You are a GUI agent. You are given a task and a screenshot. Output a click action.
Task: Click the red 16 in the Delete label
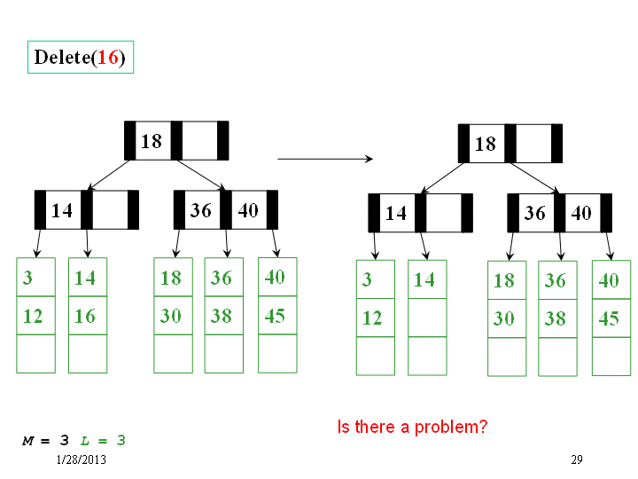(108, 57)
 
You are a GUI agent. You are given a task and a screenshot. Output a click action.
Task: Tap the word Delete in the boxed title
(62, 57)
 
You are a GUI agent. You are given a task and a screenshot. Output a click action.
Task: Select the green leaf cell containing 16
(88, 316)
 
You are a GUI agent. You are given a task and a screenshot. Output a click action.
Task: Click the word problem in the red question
(451, 428)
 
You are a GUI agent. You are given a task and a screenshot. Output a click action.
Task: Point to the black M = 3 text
(45, 440)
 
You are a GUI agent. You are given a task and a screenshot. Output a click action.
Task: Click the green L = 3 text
(103, 440)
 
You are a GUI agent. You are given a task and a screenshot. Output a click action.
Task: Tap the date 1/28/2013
(81, 459)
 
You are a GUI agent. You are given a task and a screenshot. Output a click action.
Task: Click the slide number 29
(577, 459)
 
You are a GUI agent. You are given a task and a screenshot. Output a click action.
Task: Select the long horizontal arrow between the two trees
(325, 159)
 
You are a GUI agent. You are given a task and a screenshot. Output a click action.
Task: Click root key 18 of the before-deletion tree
(152, 141)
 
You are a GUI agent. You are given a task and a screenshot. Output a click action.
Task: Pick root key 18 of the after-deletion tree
(486, 145)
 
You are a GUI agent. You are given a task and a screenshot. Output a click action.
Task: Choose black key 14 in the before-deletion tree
(62, 210)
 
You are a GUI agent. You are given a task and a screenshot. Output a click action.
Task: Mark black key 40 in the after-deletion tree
(581, 213)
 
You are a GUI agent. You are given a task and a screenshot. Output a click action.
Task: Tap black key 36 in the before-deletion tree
(201, 210)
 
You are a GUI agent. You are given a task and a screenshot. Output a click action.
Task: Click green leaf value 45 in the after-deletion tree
(609, 318)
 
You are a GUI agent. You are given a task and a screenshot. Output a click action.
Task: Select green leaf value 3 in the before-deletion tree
(27, 278)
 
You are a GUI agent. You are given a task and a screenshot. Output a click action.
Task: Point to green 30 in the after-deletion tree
(503, 318)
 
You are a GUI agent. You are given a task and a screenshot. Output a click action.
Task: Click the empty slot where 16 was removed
(427, 318)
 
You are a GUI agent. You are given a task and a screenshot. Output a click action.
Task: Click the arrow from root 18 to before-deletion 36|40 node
(201, 175)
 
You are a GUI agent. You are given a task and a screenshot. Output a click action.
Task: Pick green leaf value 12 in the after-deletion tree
(372, 318)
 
